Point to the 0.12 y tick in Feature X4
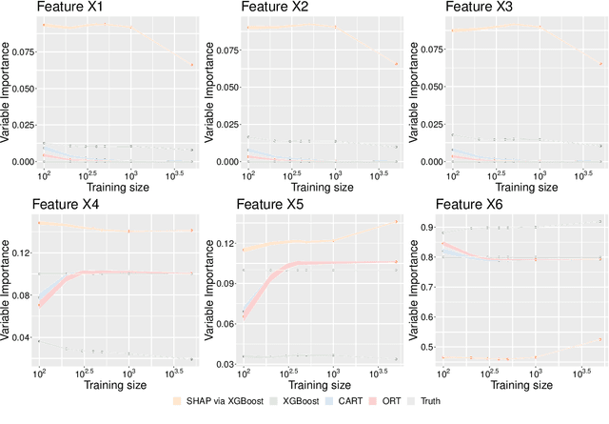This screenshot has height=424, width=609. point(21,252)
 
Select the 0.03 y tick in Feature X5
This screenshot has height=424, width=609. point(226,364)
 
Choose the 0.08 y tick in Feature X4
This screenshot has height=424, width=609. point(21,295)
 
